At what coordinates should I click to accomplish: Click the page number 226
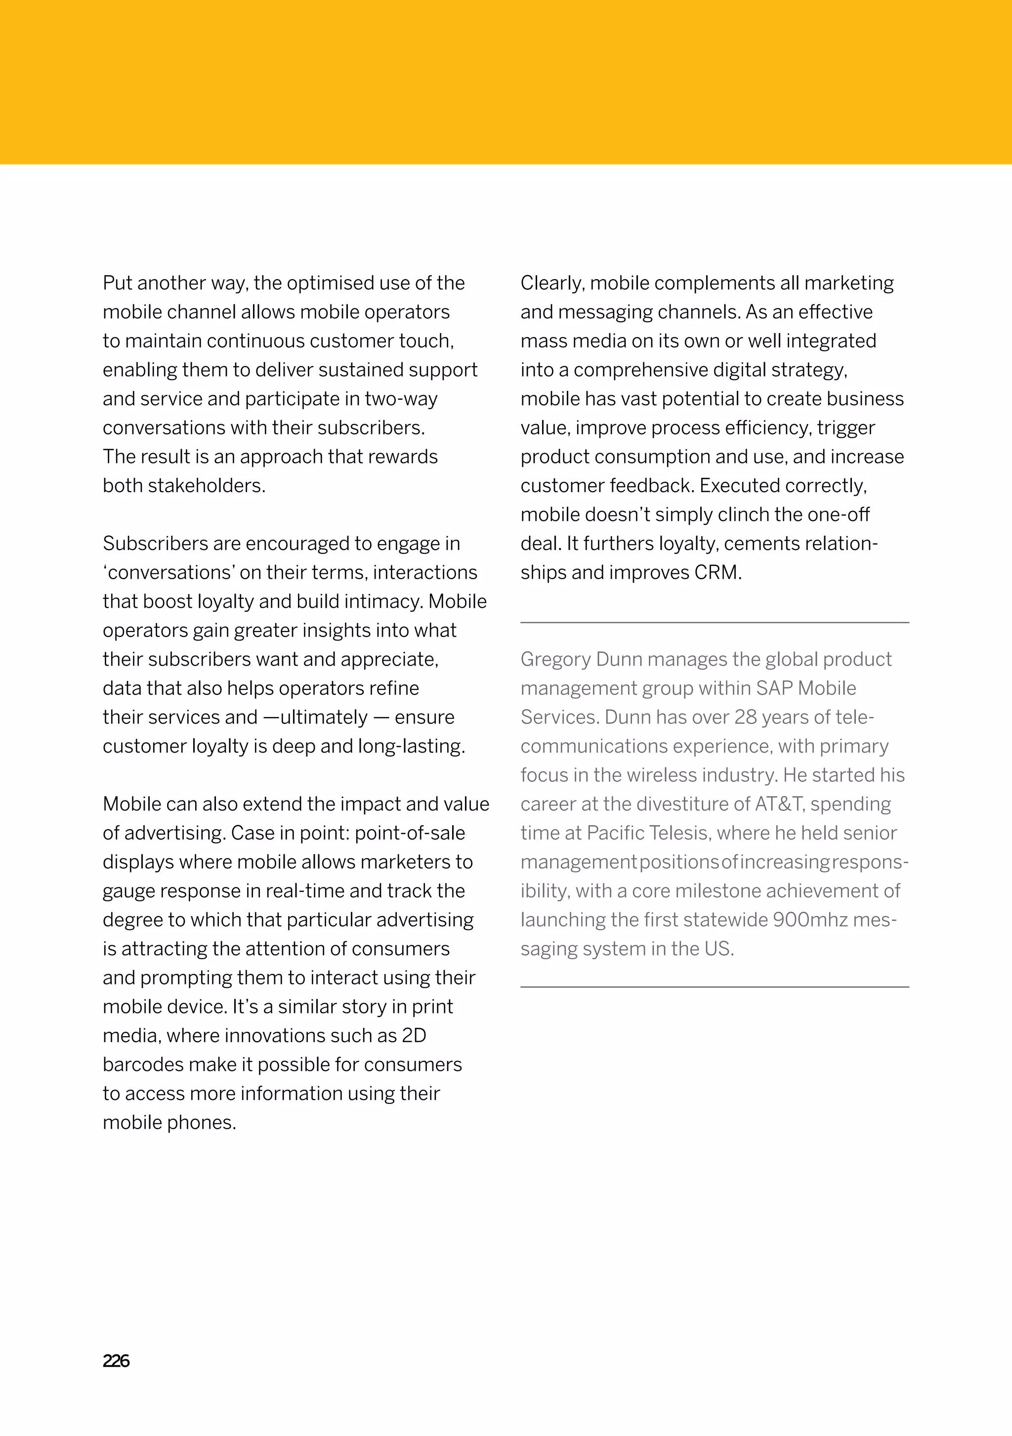(x=116, y=1361)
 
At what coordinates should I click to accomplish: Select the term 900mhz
(x=810, y=920)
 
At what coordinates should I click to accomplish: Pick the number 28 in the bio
(x=745, y=718)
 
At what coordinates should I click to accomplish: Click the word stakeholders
(x=207, y=486)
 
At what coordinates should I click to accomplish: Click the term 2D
(x=414, y=1036)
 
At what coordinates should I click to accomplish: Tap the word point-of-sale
(x=410, y=833)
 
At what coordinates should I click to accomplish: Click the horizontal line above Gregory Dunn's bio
(x=714, y=623)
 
